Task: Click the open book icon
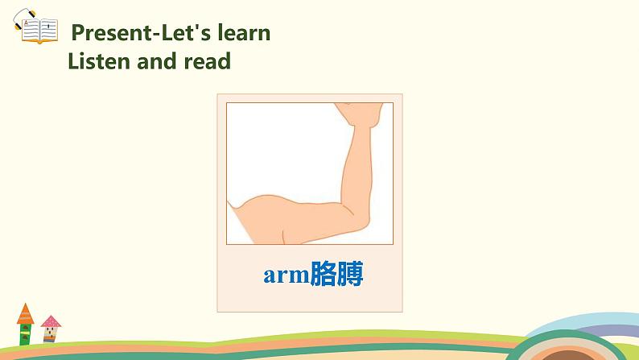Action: [x=35, y=30]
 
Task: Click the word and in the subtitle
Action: [x=160, y=60]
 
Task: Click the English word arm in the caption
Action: [x=287, y=275]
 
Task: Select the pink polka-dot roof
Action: [x=51, y=322]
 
